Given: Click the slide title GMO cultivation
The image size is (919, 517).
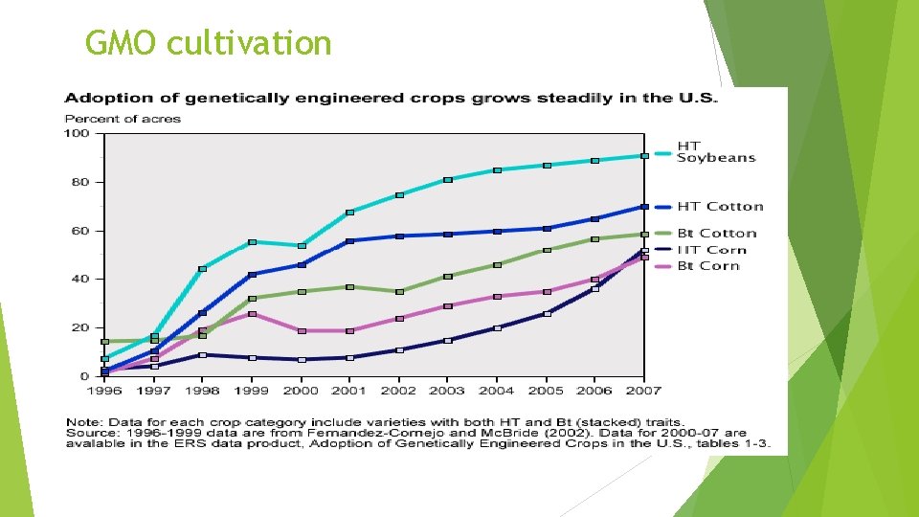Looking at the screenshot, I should [208, 43].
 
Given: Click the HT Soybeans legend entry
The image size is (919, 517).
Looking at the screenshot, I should [715, 152].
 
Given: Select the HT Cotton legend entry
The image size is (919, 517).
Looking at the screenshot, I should [720, 206].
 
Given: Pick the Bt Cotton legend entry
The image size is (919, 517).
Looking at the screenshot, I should [716, 233].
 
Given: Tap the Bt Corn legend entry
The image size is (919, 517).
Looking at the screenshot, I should [707, 265].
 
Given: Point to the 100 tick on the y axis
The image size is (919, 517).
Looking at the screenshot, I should [77, 133].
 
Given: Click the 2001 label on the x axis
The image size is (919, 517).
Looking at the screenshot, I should [350, 391].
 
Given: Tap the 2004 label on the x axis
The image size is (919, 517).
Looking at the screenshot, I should [497, 391].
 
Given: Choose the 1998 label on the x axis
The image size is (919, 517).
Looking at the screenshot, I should [203, 391].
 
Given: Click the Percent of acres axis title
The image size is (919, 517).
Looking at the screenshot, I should [123, 119].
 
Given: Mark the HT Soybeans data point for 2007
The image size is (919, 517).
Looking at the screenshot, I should [644, 156].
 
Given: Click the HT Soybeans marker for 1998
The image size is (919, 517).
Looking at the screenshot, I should [203, 269].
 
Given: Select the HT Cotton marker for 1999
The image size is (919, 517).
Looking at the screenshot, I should [252, 275].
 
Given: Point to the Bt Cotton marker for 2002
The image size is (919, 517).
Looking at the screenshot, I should [399, 291].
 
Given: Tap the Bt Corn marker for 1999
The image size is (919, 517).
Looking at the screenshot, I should [252, 314].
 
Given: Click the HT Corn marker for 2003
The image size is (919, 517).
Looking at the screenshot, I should [448, 340].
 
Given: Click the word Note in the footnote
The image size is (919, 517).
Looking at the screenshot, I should [80, 421].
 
